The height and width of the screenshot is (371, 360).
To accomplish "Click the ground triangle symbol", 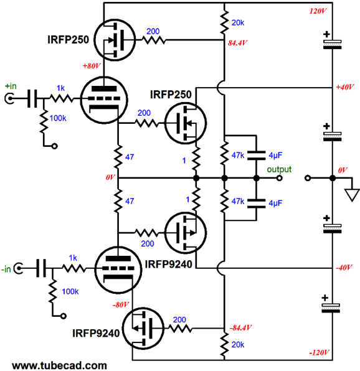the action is point(352,195).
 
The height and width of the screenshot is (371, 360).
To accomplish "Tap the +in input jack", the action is point(9,99).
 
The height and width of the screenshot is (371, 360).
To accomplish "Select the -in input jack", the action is point(18,268).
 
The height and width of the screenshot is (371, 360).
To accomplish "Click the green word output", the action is point(279,169).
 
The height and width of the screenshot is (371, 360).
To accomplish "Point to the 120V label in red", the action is point(318,11).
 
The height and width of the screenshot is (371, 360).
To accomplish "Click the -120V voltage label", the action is point(319,352).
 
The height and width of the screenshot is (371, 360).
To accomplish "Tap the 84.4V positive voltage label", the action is point(237,43).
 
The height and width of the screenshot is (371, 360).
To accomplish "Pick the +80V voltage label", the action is point(92,65).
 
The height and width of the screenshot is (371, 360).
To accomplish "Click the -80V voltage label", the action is point(121,304).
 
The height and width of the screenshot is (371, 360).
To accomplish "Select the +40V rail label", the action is point(345,87).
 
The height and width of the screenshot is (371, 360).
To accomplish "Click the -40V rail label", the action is point(344,268).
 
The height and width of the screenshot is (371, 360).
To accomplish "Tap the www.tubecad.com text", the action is point(59,365).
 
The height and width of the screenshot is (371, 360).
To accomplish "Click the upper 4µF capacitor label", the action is point(275,156).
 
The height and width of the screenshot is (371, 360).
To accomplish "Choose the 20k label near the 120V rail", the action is point(238,22).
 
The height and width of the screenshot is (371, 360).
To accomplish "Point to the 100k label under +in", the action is point(58,118).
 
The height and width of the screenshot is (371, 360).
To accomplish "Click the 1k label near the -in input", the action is point(73,258).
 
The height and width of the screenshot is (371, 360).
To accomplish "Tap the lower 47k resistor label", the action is point(238,201).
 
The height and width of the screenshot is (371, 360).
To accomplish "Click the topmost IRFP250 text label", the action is point(68,39).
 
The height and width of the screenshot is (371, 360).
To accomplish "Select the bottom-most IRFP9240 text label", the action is point(96,333).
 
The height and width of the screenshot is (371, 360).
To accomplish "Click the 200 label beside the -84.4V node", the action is point(179,320).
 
